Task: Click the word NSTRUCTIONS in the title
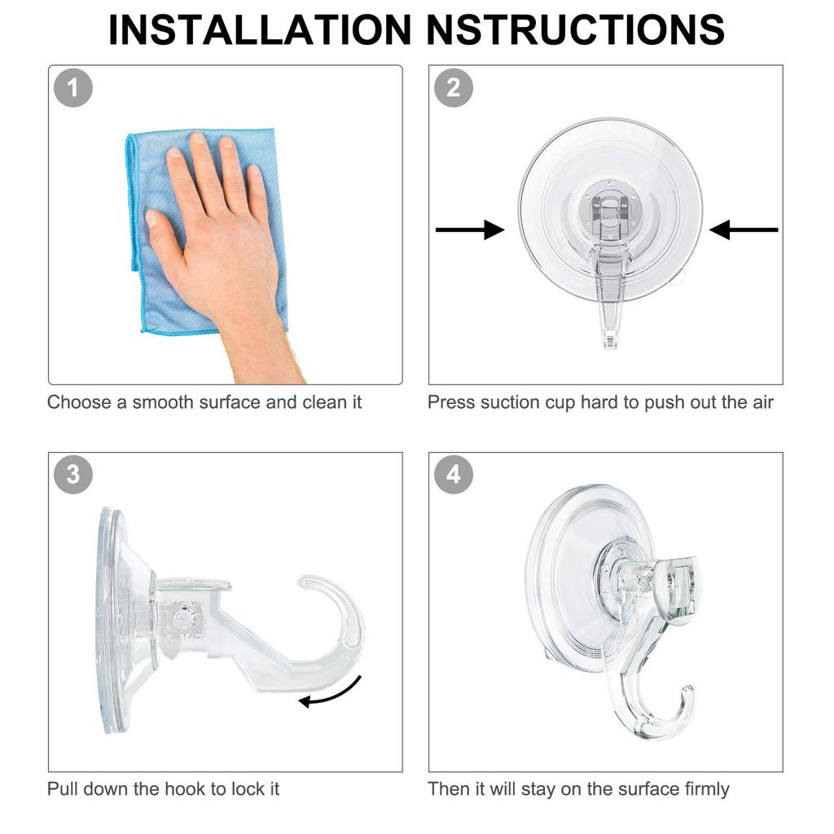coord(576,30)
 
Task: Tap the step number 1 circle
coord(74,88)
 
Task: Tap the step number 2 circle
coord(454,88)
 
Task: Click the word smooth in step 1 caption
coord(162,402)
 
